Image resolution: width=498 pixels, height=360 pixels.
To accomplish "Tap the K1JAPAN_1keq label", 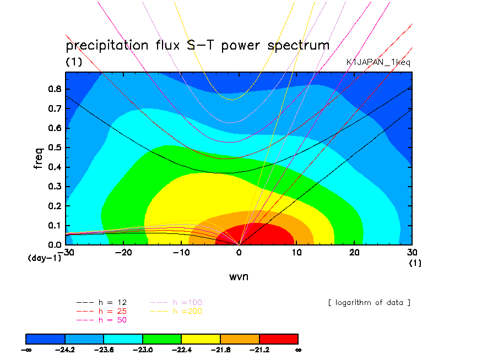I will click(378, 63).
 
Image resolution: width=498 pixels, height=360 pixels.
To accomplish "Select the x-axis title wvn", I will click(239, 276).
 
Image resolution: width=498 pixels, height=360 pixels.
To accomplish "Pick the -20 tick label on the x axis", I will click(123, 252).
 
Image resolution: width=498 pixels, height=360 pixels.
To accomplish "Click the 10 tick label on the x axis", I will click(297, 252).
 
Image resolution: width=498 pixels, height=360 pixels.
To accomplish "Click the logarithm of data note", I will click(369, 303).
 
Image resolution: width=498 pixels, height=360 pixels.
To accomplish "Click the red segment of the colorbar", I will click(278, 339).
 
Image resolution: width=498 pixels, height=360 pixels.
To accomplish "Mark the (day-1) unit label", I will click(44, 258).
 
